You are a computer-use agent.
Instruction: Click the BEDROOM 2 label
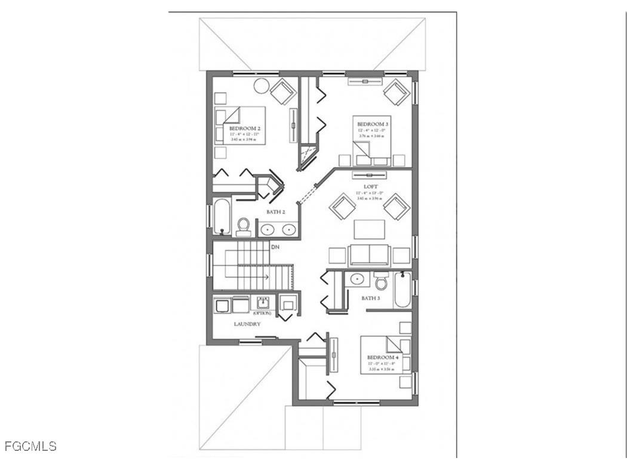(x=245, y=128)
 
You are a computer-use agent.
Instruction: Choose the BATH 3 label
(x=370, y=297)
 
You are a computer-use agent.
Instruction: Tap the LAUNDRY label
(x=247, y=324)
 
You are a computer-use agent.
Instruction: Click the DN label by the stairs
(x=275, y=247)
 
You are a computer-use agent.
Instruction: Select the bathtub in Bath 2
(x=221, y=216)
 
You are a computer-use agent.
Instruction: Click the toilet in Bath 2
(x=243, y=226)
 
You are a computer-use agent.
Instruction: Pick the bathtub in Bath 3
(x=402, y=290)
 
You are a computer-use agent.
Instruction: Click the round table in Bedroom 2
(x=262, y=85)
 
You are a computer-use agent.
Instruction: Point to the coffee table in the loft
(x=370, y=229)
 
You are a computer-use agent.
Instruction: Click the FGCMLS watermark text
(x=30, y=446)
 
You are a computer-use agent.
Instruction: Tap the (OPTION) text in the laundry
(x=262, y=313)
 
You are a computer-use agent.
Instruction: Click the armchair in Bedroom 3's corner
(x=396, y=92)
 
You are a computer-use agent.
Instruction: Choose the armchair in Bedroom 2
(x=282, y=91)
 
